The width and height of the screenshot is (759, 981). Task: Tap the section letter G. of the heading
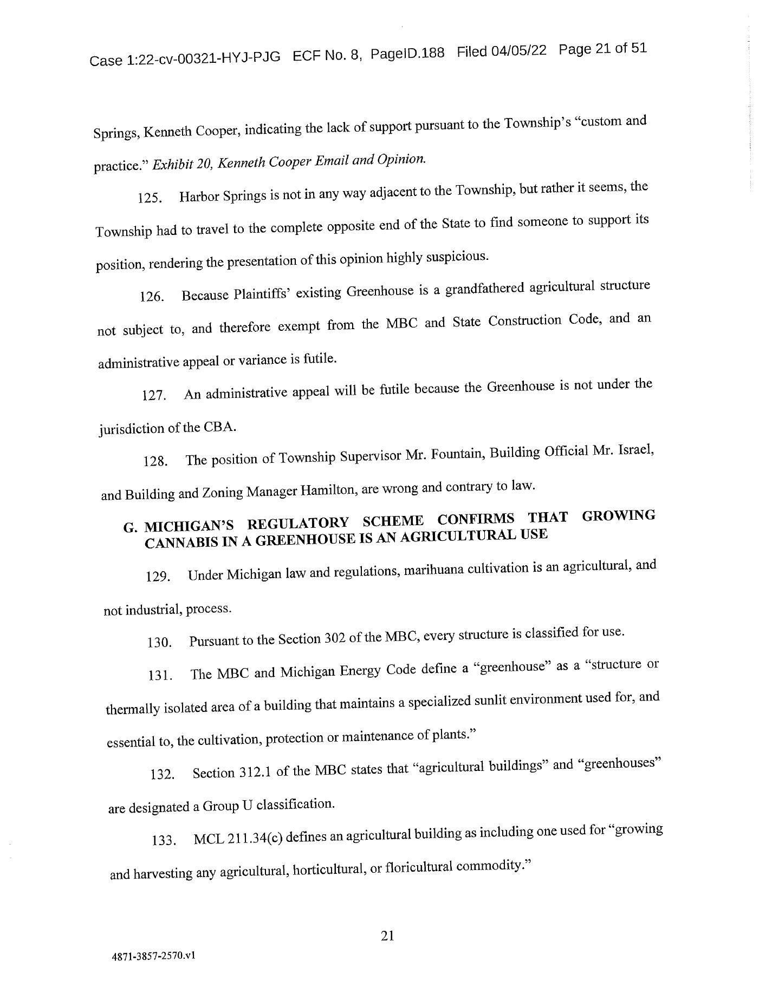point(130,528)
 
